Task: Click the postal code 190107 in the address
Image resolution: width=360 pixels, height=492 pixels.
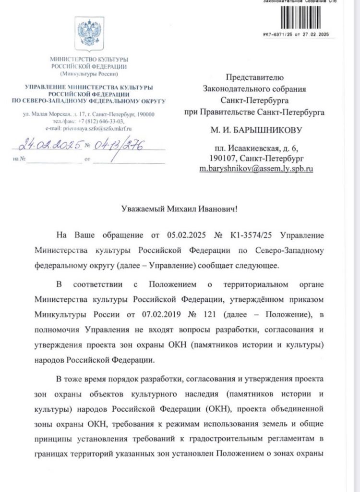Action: click(x=222, y=158)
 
